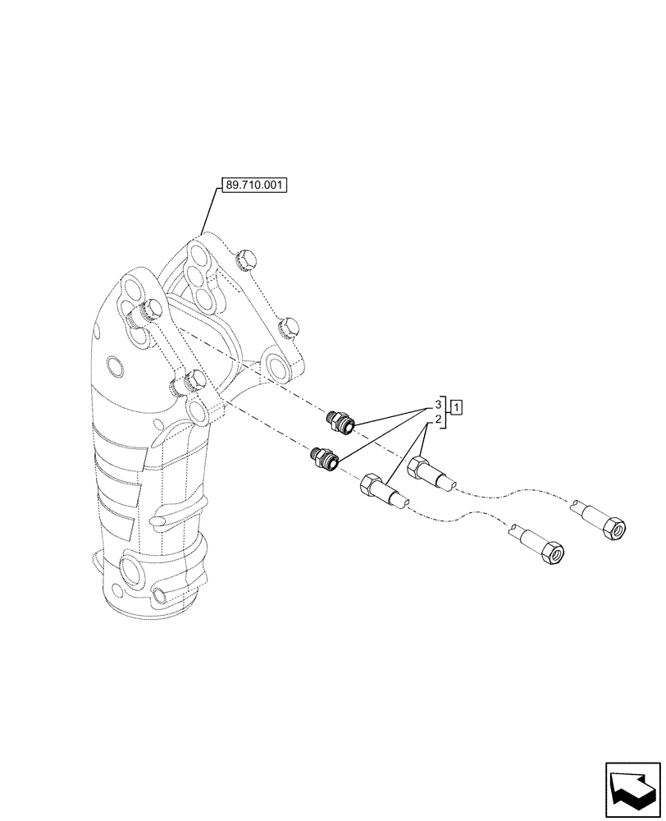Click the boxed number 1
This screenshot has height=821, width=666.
click(x=457, y=406)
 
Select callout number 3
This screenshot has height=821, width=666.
click(x=439, y=405)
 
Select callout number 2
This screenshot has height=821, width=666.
click(x=439, y=420)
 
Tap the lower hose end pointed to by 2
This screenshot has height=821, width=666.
click(x=377, y=490)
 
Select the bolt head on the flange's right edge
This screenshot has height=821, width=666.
click(x=288, y=328)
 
